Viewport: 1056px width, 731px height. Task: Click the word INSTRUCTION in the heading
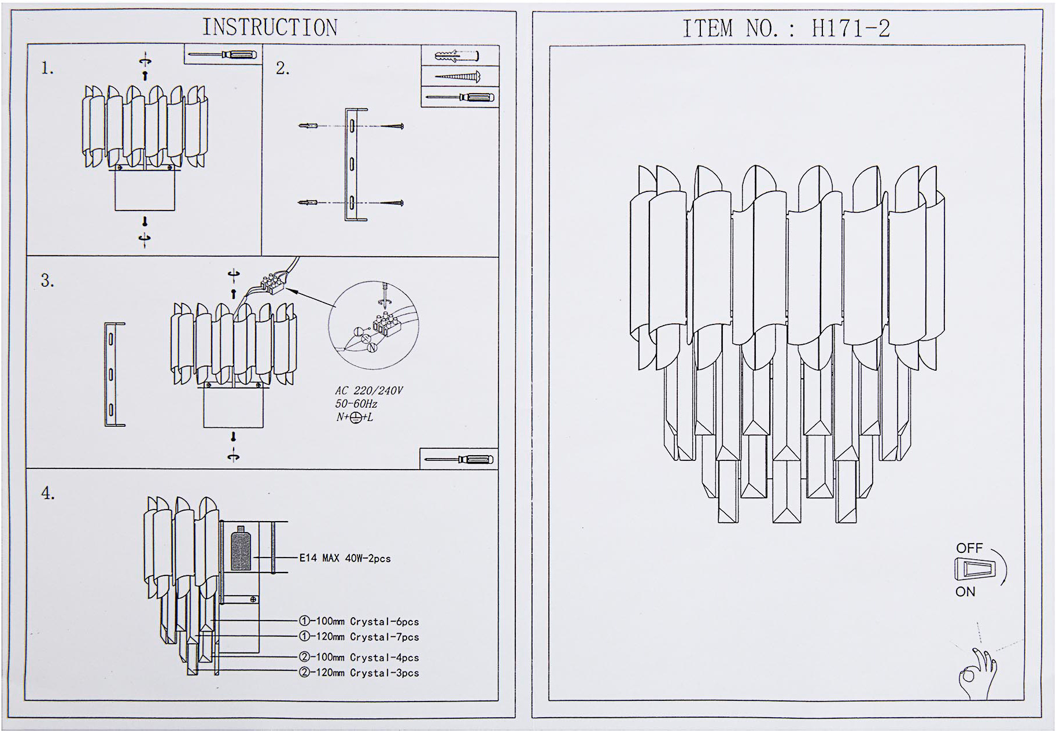point(269,28)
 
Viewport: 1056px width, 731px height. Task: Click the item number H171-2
point(851,28)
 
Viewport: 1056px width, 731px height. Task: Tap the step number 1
point(47,69)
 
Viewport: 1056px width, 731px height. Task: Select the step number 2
point(282,69)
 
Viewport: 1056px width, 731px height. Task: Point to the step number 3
point(47,281)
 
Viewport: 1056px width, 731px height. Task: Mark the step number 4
point(47,494)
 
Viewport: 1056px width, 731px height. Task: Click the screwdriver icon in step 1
point(223,55)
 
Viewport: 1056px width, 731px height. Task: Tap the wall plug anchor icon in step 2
point(457,56)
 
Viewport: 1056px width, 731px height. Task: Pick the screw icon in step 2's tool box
point(458,76)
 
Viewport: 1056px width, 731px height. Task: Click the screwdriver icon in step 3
point(458,460)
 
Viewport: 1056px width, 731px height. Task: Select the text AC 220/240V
point(368,391)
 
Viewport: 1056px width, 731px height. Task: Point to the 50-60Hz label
point(356,404)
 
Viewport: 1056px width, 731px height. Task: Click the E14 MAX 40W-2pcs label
point(345,558)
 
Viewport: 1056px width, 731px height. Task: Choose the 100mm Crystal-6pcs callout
point(359,622)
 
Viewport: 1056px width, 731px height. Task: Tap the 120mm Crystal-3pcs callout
point(359,673)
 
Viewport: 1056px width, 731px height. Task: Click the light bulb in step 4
point(241,551)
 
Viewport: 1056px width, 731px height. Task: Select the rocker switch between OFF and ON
point(975,569)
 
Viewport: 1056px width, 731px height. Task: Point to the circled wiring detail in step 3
point(373,326)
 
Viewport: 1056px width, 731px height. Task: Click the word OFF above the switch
point(969,548)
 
